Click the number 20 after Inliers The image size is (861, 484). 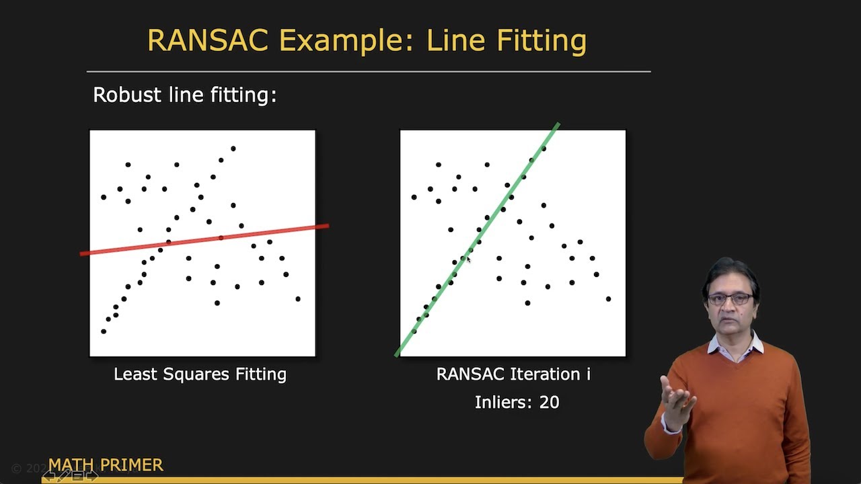(549, 402)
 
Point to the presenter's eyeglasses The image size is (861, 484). (731, 299)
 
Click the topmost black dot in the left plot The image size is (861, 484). (233, 149)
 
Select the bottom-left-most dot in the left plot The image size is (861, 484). (104, 331)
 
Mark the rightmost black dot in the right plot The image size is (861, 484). (608, 299)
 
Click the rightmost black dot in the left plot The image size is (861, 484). (298, 299)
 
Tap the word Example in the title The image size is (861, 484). (346, 41)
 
